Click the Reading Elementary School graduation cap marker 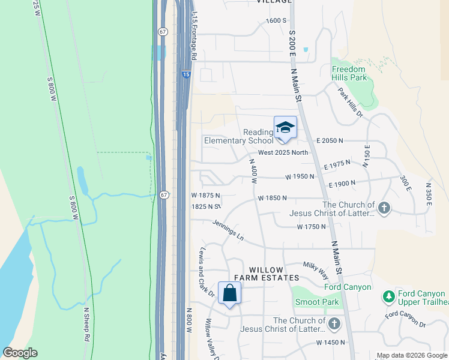click(x=285, y=128)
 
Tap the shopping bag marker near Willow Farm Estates click(x=229, y=293)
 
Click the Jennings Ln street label click(x=228, y=230)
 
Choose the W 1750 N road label click(x=311, y=227)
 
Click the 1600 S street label click(x=276, y=20)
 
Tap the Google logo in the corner click(x=20, y=353)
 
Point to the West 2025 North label click(x=283, y=152)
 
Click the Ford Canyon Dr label click(x=406, y=319)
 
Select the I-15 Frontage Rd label click(x=193, y=35)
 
